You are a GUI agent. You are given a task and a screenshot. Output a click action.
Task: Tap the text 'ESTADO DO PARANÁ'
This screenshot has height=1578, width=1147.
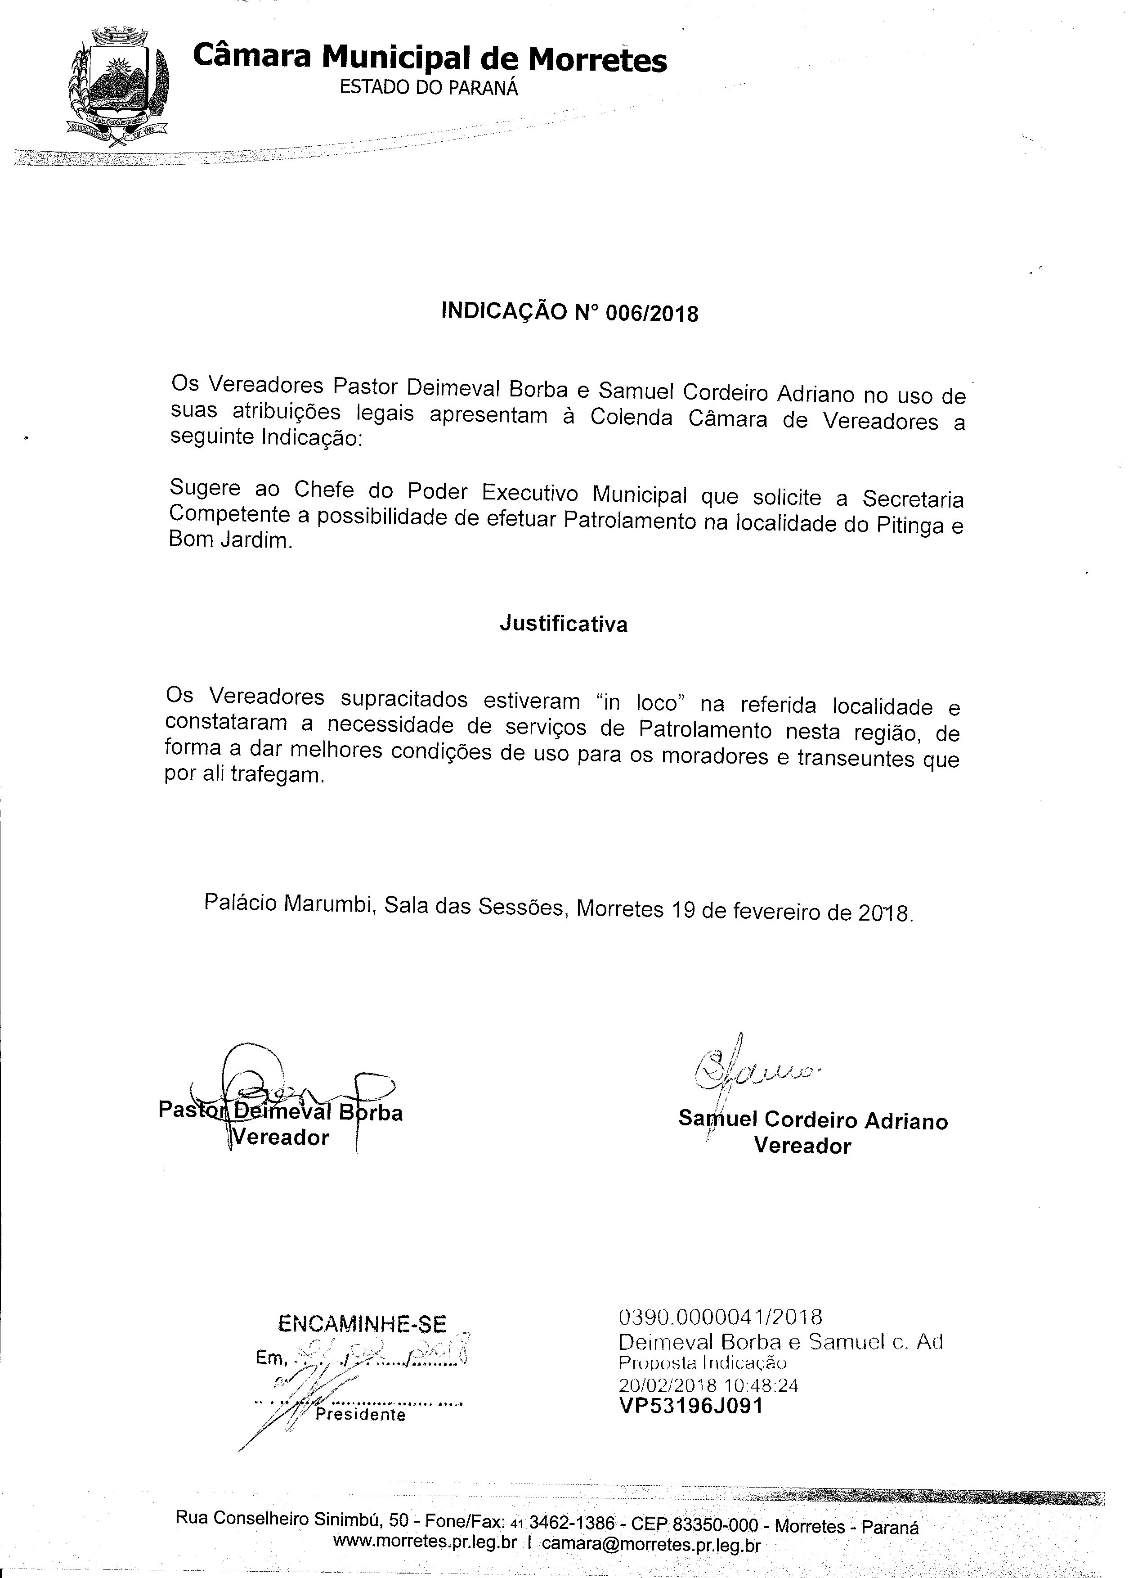pyautogui.click(x=429, y=88)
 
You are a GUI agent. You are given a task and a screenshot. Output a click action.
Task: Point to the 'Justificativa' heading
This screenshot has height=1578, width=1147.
pyautogui.click(x=564, y=624)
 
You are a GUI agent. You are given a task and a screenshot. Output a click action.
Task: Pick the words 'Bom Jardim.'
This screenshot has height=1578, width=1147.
pyautogui.click(x=231, y=540)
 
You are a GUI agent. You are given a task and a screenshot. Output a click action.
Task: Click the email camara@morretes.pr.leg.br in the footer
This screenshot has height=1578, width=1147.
pyautogui.click(x=650, y=1544)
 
